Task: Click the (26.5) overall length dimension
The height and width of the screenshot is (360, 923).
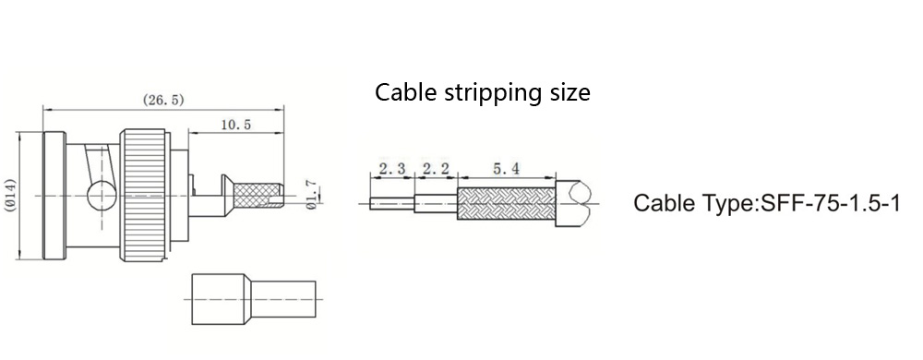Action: click(163, 100)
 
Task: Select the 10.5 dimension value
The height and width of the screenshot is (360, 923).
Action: click(235, 125)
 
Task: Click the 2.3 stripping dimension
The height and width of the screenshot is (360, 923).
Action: click(392, 170)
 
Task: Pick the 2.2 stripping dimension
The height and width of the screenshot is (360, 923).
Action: click(436, 170)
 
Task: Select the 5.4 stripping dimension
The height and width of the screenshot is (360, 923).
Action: click(506, 170)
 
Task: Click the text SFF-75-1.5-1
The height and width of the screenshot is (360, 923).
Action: click(831, 203)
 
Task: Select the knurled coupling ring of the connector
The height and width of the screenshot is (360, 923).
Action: click(144, 196)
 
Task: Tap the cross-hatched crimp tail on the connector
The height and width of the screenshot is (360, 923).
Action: click(258, 196)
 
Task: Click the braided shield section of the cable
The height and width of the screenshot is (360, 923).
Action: click(506, 203)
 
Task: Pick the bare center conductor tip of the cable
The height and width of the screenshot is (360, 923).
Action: click(392, 203)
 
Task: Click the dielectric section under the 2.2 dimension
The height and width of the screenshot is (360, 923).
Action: click(436, 203)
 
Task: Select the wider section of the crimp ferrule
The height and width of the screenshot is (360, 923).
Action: click(219, 299)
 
